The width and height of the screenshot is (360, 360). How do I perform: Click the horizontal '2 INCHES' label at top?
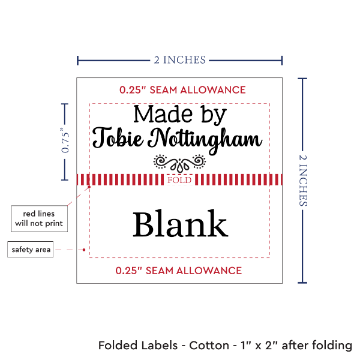(x=179, y=59)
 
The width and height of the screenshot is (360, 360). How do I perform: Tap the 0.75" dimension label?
(x=65, y=142)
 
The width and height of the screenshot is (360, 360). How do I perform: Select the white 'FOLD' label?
(x=179, y=180)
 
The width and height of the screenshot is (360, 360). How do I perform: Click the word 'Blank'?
(x=180, y=225)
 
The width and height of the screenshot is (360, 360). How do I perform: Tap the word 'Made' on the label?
(x=157, y=113)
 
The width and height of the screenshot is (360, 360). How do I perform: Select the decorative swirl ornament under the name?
(x=179, y=162)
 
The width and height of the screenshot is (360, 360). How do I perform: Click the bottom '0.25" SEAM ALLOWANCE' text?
(x=179, y=270)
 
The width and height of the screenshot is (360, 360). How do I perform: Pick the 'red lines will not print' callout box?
(x=38, y=218)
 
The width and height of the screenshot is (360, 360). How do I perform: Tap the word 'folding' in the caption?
(x=331, y=346)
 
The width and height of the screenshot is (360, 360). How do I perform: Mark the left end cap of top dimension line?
(x=77, y=60)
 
